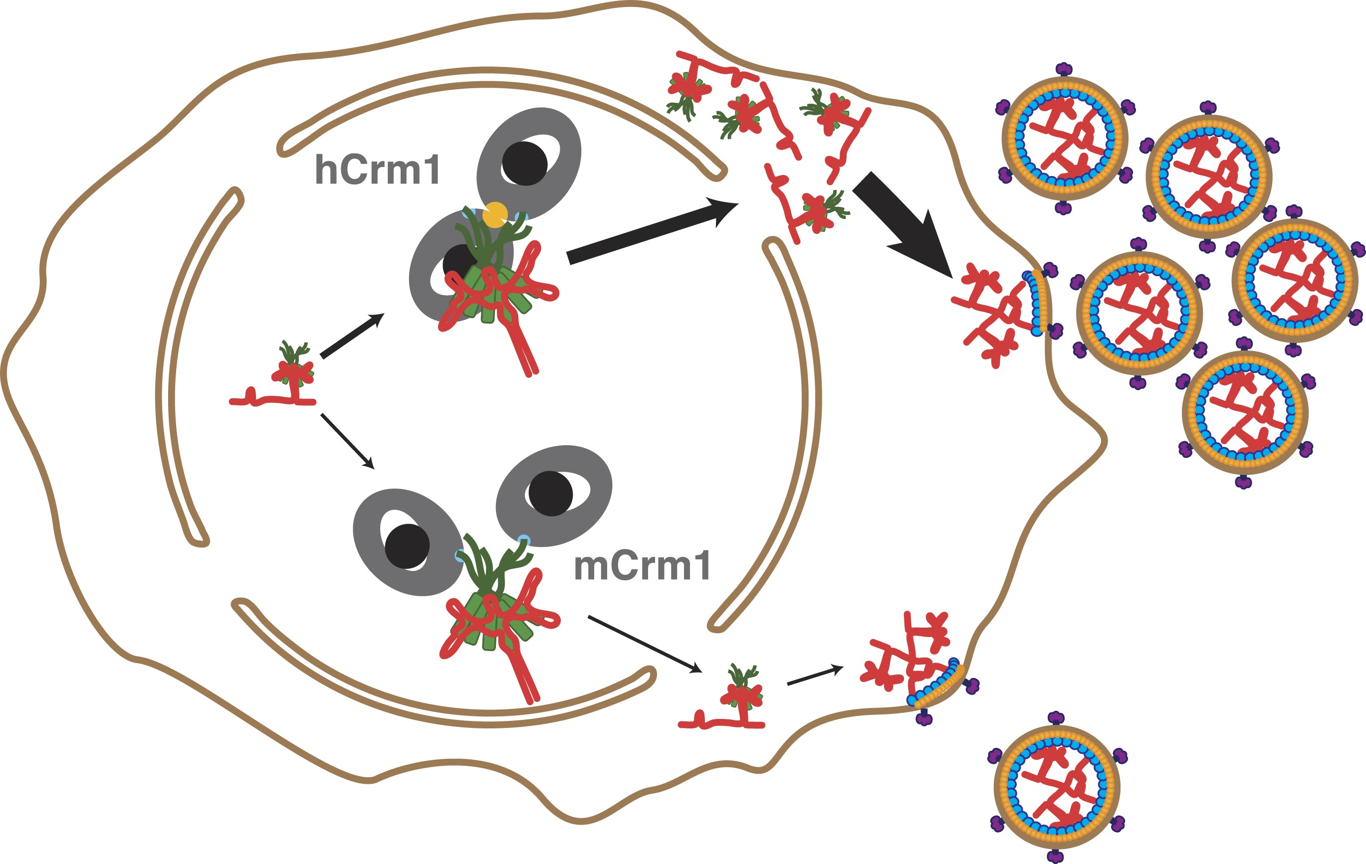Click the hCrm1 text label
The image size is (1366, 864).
[x=377, y=170]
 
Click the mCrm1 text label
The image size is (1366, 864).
[x=642, y=566]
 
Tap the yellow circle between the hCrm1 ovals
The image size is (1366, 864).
[x=495, y=215]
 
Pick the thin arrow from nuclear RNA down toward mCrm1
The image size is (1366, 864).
[x=347, y=441]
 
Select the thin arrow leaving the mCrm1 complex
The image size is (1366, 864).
[x=645, y=644]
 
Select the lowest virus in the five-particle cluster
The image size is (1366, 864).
[x=1245, y=412]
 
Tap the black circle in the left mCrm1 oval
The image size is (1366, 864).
[x=407, y=546]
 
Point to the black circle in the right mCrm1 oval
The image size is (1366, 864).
[x=550, y=493]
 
